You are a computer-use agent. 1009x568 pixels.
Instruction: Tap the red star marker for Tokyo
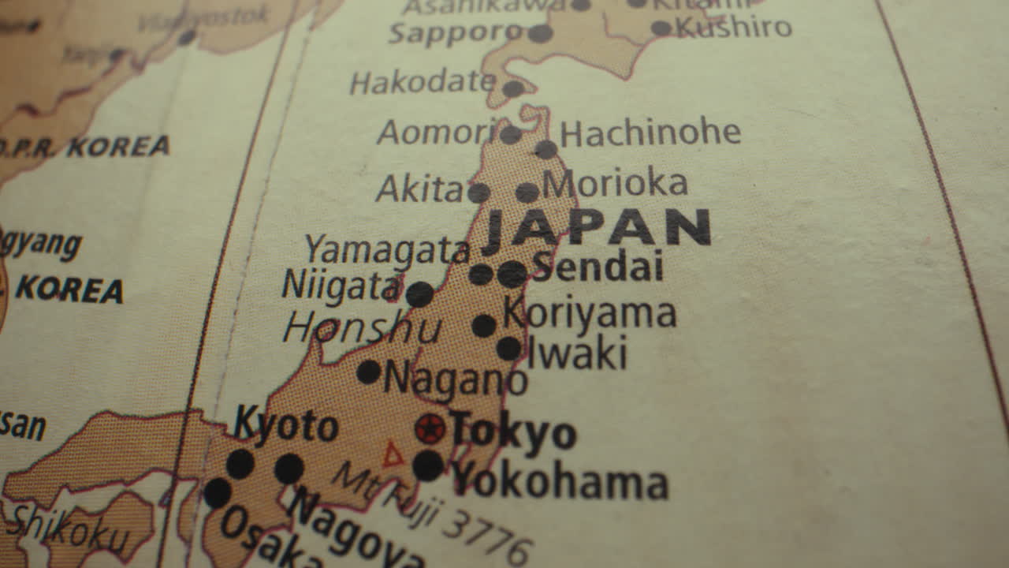pos(430,428)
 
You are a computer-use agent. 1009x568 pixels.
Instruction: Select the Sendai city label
pos(598,267)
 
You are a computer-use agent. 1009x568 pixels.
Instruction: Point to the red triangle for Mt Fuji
pos(393,455)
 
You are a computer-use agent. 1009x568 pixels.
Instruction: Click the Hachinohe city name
pos(650,133)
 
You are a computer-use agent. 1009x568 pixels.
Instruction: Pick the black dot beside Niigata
pos(419,294)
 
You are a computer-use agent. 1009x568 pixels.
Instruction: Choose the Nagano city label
pos(456,380)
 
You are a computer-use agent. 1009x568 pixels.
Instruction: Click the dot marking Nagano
pos(368,372)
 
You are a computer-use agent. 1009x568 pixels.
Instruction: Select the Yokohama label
pos(560,480)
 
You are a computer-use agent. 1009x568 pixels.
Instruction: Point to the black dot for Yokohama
pos(428,465)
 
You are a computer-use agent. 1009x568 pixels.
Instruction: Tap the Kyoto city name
pos(285,426)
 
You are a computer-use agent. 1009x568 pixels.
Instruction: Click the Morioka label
pos(616,184)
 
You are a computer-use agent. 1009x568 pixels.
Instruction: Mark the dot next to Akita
pos(478,192)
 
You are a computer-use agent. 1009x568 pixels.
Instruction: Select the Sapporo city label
pos(456,32)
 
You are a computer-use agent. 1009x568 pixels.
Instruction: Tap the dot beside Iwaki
pos(508,348)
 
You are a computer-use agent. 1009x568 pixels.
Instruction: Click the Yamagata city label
pos(387,250)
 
